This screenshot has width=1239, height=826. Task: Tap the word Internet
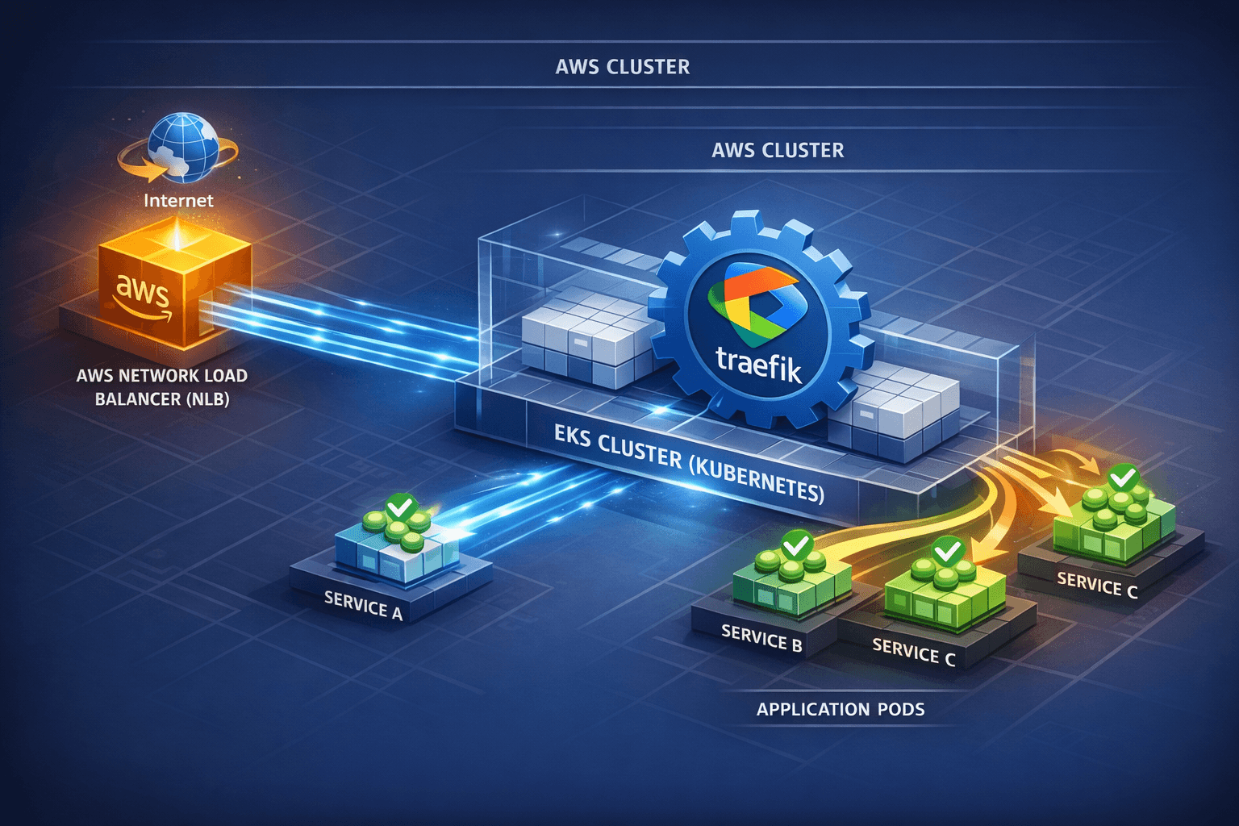click(x=178, y=200)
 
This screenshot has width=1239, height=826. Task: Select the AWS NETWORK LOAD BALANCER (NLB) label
click(x=162, y=387)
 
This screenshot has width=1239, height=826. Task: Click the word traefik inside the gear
click(x=758, y=362)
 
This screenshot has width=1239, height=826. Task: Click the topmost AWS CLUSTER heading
click(x=622, y=67)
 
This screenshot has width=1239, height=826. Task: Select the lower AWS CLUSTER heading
click(x=778, y=151)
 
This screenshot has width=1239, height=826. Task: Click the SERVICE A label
click(x=363, y=606)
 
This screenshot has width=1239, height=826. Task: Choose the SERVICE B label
click(x=761, y=638)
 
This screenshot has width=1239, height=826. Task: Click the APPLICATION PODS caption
click(x=840, y=710)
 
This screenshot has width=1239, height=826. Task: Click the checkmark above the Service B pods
click(x=797, y=544)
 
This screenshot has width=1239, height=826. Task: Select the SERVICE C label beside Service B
click(x=913, y=652)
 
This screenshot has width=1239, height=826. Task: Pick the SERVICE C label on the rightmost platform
click(x=1097, y=585)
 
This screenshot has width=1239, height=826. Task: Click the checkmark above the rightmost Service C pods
click(x=1124, y=478)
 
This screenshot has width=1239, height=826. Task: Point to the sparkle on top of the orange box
click(x=177, y=236)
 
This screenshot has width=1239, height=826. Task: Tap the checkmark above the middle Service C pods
click(x=947, y=552)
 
